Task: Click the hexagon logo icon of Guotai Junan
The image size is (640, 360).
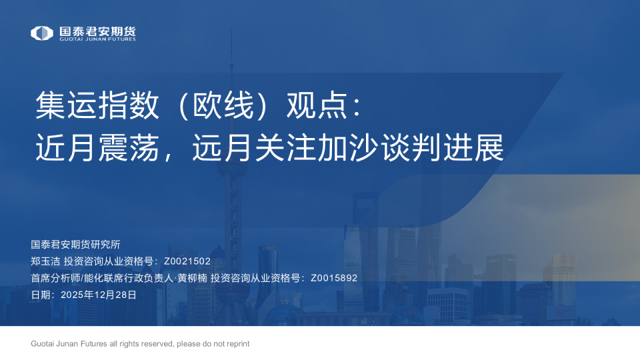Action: [42, 33]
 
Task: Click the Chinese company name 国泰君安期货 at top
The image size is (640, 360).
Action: [97, 30]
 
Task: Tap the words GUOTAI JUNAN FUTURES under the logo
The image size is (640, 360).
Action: [97, 39]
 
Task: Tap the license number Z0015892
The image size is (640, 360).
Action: [334, 278]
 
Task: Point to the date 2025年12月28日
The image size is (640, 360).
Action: [98, 295]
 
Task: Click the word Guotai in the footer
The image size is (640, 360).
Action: [43, 344]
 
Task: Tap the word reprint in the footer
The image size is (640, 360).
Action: [237, 344]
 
